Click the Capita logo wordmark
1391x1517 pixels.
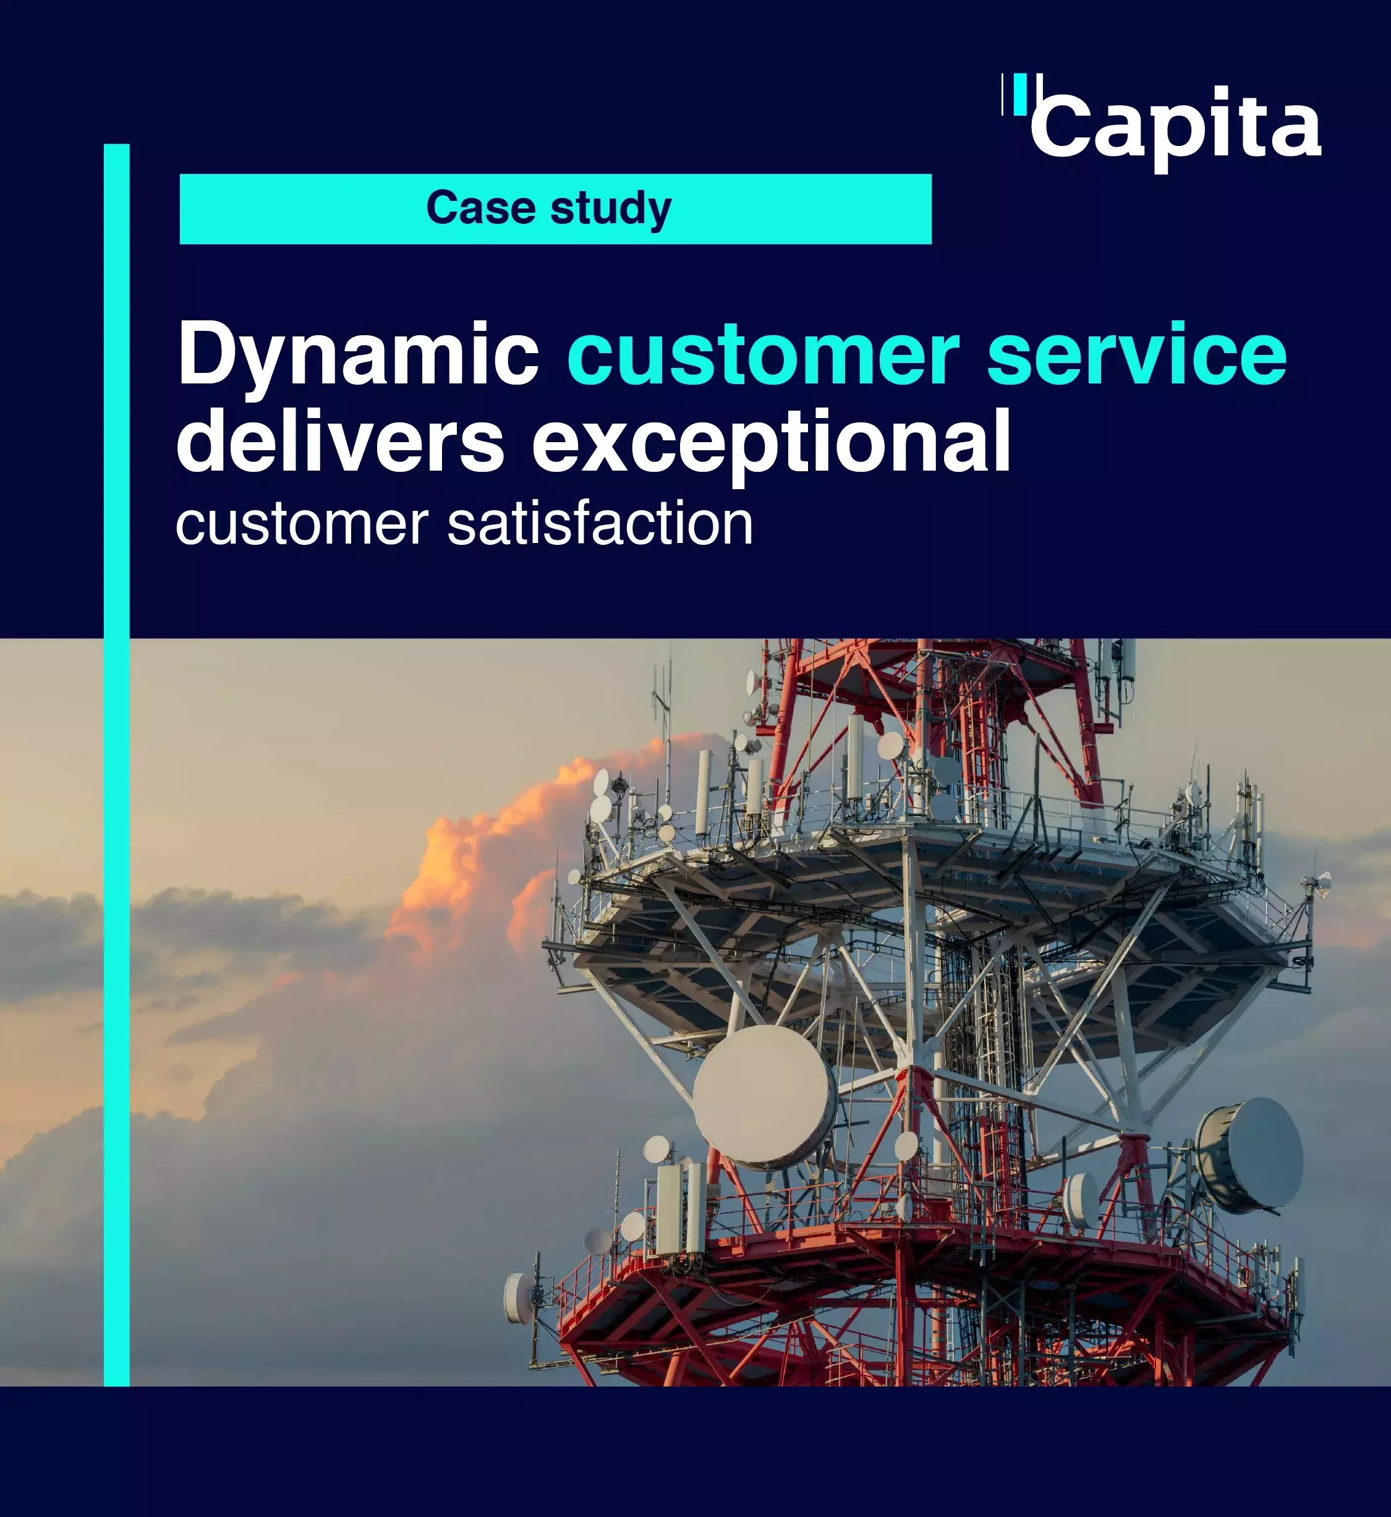tap(1176, 129)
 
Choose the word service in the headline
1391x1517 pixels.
tap(1136, 354)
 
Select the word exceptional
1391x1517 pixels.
tap(772, 444)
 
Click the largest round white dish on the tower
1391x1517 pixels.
tap(764, 1095)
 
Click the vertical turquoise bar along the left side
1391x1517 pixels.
tap(117, 765)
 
